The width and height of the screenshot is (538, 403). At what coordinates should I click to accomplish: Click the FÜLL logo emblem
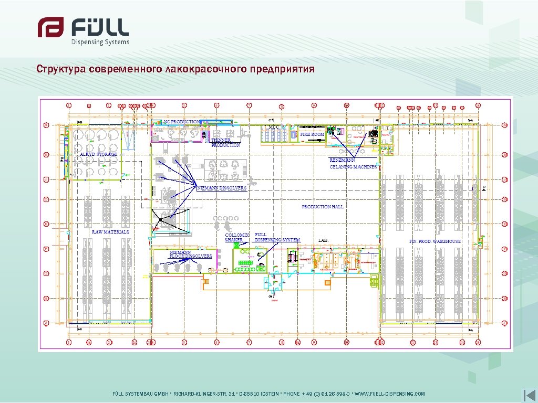(x=50, y=27)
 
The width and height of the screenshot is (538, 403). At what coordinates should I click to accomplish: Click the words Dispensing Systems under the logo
(x=100, y=42)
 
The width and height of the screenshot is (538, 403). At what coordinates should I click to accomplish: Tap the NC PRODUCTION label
(x=181, y=122)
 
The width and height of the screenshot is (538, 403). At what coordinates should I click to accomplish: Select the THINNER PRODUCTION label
(x=225, y=143)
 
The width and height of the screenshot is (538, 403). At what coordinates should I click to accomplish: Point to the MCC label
(x=274, y=127)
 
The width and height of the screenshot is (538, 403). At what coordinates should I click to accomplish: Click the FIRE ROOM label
(x=312, y=134)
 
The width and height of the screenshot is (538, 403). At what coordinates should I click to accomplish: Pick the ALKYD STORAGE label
(x=98, y=154)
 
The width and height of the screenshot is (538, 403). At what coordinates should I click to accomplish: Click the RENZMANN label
(x=342, y=160)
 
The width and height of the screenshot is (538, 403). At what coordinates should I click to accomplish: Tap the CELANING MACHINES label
(x=353, y=167)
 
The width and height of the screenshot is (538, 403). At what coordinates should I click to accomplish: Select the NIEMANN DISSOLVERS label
(x=222, y=188)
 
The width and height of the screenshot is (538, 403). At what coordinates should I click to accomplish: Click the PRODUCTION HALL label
(x=323, y=207)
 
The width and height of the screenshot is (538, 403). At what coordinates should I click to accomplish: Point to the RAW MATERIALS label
(x=110, y=231)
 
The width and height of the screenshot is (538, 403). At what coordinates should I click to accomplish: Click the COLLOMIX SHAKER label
(x=236, y=237)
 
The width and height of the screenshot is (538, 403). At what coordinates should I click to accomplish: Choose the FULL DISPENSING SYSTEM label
(x=277, y=237)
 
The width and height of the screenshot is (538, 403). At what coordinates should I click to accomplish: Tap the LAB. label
(x=324, y=240)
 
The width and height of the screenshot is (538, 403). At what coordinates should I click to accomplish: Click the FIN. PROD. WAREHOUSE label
(x=435, y=241)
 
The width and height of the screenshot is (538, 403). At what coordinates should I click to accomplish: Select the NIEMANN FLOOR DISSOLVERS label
(x=190, y=254)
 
